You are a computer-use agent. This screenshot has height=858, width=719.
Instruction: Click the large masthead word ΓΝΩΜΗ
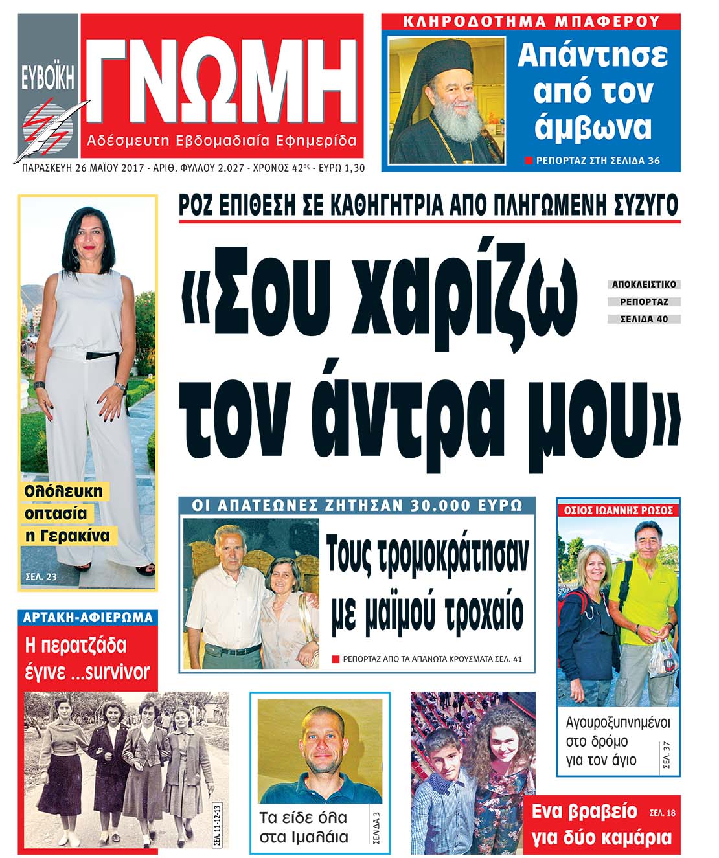pos(220,78)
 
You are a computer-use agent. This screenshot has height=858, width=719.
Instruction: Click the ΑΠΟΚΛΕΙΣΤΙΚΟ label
pos(643,284)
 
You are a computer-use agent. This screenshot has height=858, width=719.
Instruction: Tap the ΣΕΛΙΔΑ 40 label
pos(643,319)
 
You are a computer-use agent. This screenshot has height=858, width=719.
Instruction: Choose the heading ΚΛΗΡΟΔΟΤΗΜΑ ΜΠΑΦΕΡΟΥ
pos(531,21)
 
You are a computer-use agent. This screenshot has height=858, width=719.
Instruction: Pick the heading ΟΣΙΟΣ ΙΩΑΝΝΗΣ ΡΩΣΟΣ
pos(618,510)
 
